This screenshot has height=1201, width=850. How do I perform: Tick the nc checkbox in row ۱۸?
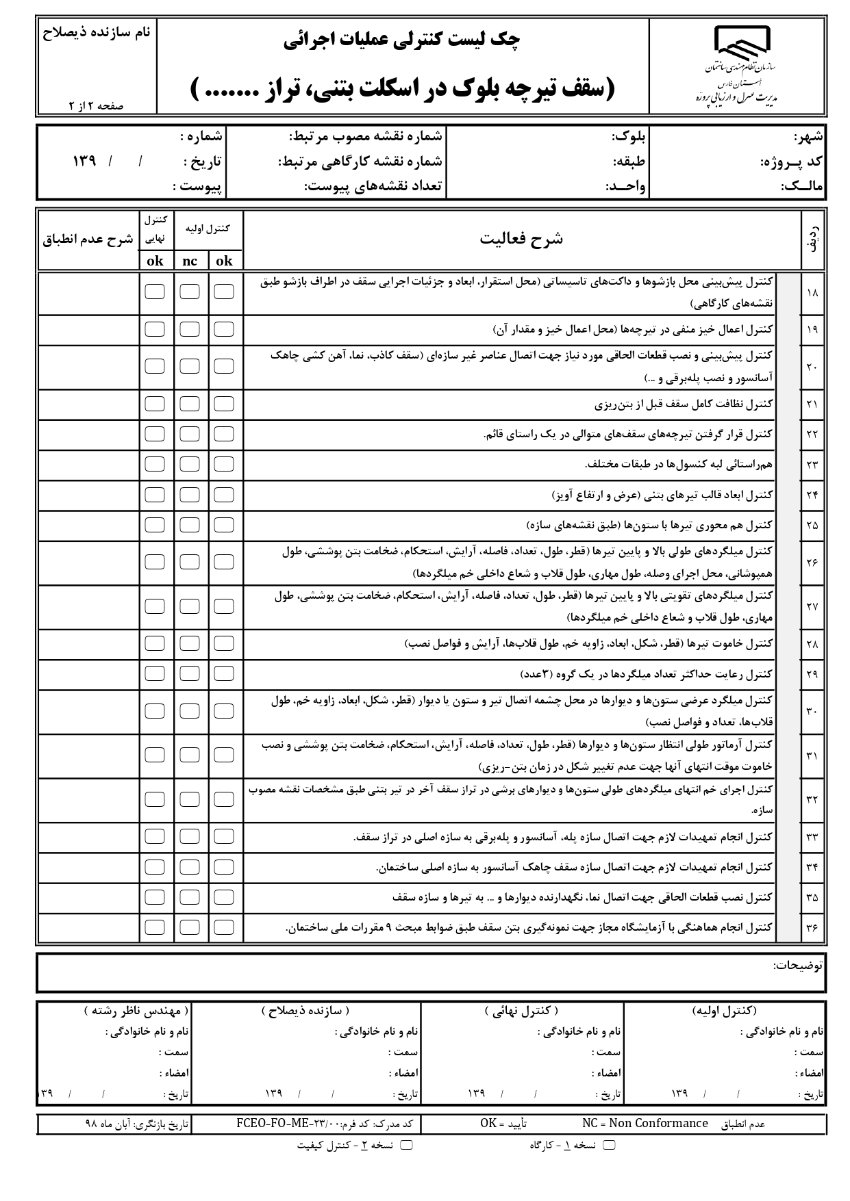tap(190, 292)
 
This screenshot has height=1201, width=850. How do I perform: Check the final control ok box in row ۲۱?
tap(155, 404)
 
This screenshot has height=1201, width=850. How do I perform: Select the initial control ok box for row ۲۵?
tap(224, 525)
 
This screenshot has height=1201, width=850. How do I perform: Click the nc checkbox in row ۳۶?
tap(190, 927)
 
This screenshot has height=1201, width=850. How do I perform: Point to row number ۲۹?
tap(812, 674)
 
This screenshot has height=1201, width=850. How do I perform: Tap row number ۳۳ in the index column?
tap(812, 837)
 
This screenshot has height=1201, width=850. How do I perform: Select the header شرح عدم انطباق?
tap(88, 240)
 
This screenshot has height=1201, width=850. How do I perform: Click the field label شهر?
tap(808, 137)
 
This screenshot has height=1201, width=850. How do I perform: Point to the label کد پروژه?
tap(792, 162)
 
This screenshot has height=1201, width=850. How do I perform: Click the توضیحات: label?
tap(798, 965)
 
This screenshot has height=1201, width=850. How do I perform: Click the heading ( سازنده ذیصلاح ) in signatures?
tap(305, 1011)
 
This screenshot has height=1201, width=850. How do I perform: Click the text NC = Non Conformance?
tap(645, 1123)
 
